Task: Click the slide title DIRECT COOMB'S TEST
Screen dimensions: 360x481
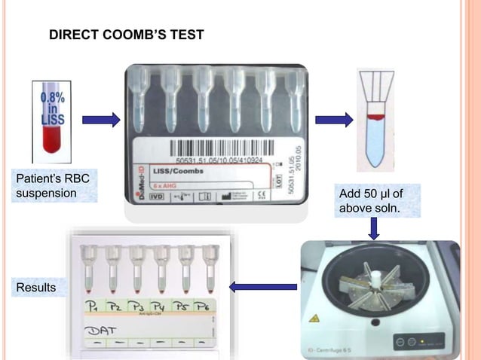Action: click(x=126, y=35)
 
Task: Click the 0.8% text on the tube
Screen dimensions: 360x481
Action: click(x=52, y=99)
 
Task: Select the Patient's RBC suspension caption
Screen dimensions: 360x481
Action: click(x=46, y=186)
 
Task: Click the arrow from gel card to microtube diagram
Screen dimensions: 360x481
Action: click(x=333, y=119)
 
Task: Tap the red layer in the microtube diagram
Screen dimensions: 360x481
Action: click(x=375, y=117)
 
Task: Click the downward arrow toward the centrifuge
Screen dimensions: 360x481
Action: click(x=373, y=227)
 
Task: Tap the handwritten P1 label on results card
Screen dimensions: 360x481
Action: click(x=93, y=307)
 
